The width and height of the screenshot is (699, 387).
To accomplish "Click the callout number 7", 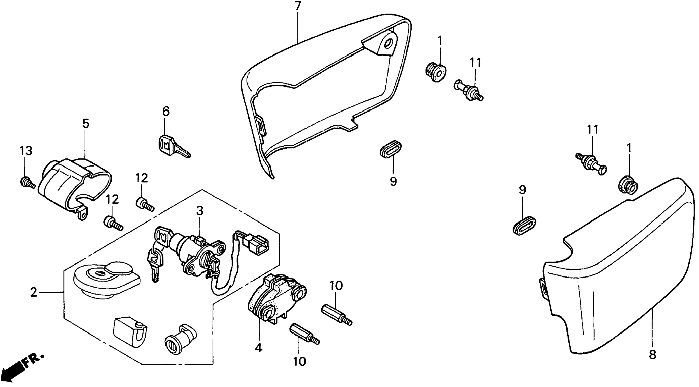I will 298,6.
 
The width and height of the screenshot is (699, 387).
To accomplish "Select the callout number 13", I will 26,151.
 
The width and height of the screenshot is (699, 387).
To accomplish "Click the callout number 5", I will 85,124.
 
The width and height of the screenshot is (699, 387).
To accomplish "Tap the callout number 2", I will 33,292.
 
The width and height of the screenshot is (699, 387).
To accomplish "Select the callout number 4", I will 259,348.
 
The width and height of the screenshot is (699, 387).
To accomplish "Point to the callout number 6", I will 166,111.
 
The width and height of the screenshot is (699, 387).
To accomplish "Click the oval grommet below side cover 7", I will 391,149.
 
